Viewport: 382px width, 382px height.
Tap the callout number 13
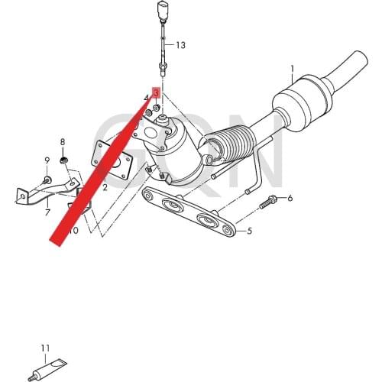[180, 45]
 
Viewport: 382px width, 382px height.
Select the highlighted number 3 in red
[156, 92]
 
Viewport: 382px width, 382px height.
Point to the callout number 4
[147, 98]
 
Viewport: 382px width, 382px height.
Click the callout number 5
[248, 230]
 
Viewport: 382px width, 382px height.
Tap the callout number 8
[63, 142]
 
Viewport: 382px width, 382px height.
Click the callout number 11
[45, 348]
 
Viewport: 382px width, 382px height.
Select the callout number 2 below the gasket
[105, 187]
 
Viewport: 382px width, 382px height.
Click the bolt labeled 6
[271, 202]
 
